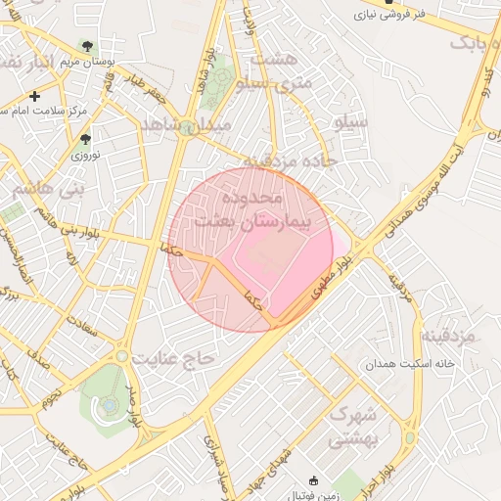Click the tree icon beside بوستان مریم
[88, 46]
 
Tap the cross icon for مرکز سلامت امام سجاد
[35, 96]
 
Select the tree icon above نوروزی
[84, 139]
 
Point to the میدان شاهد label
[186, 126]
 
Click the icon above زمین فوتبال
[313, 480]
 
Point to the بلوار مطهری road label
[330, 280]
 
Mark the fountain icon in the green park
[111, 403]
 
